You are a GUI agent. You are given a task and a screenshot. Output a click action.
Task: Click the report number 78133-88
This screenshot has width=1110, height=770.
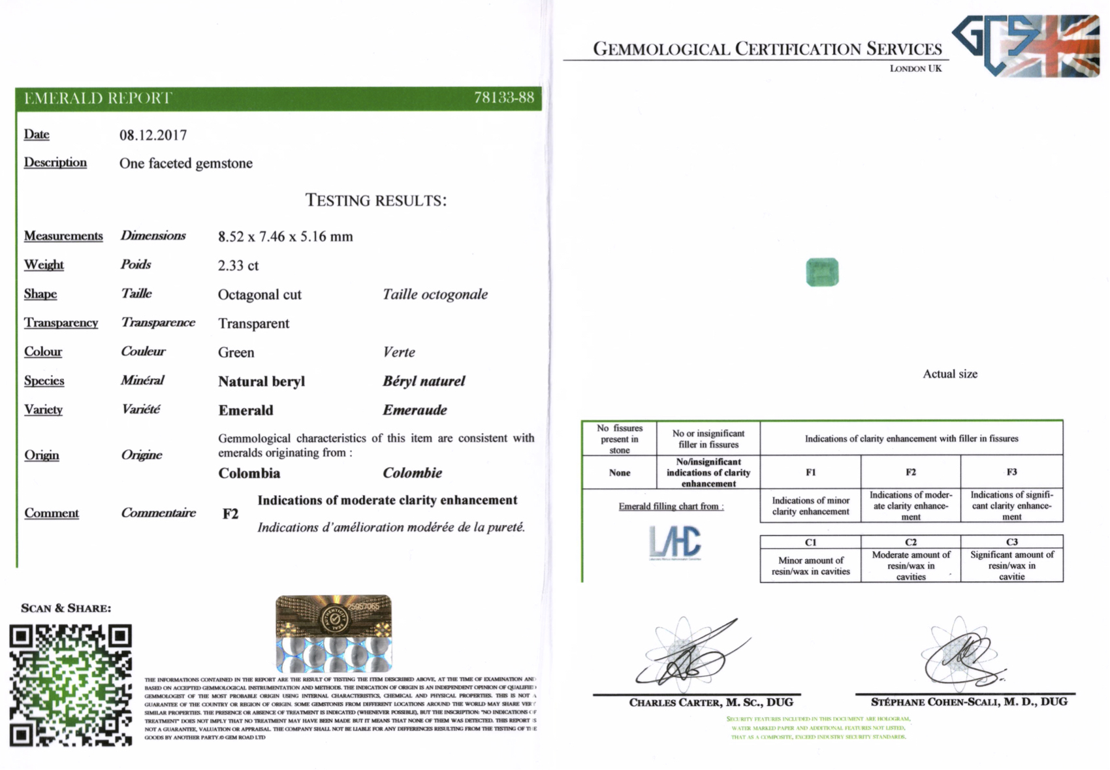(503, 98)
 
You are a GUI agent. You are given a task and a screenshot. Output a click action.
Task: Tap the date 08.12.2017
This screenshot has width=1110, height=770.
(153, 135)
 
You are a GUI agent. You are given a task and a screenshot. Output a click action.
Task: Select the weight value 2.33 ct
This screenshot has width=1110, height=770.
(238, 266)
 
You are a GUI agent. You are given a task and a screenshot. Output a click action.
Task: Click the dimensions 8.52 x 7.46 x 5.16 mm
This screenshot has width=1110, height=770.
(285, 236)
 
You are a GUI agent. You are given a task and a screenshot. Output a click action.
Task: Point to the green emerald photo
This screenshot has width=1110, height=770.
(822, 272)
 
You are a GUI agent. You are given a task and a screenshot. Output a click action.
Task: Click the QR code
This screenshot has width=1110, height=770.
(71, 685)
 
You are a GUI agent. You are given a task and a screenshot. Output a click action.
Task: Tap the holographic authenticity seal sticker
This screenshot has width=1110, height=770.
(334, 633)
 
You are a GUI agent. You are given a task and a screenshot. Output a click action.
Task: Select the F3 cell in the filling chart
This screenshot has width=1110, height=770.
(1011, 472)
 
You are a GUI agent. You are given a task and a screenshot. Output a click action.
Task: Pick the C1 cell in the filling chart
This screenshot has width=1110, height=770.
(810, 542)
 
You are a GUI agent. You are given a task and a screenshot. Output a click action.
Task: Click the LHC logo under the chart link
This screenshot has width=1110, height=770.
(675, 543)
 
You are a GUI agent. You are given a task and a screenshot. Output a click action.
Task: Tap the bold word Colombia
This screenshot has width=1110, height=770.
(249, 473)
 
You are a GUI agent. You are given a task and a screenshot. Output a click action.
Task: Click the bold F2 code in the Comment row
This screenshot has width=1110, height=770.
(230, 514)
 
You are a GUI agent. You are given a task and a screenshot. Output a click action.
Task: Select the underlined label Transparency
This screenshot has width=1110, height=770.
(61, 323)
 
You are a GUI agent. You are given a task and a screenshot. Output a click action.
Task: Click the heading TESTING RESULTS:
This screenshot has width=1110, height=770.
(376, 201)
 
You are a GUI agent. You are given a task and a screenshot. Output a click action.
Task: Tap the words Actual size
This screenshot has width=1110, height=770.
(949, 374)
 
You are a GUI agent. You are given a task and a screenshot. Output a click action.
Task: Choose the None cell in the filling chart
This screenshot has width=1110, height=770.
(619, 473)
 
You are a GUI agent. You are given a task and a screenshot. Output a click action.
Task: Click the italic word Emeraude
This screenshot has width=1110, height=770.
(415, 410)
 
